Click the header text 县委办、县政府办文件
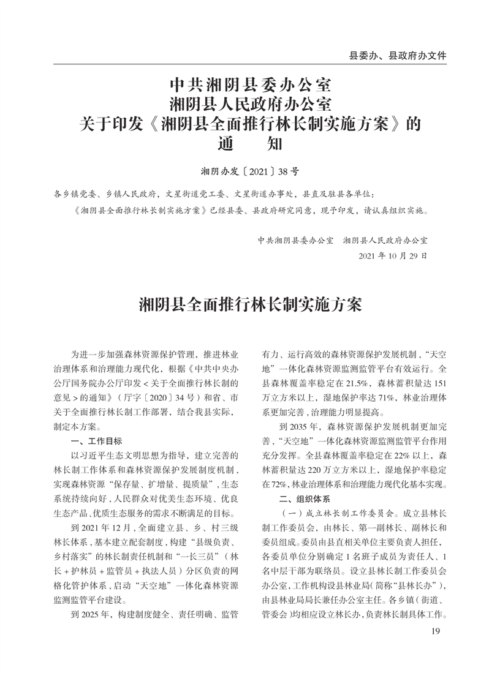(x=398, y=55)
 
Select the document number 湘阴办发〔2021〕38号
(x=249, y=173)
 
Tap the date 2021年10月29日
(x=392, y=254)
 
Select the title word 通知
(x=250, y=146)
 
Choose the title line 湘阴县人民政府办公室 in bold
(x=250, y=103)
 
